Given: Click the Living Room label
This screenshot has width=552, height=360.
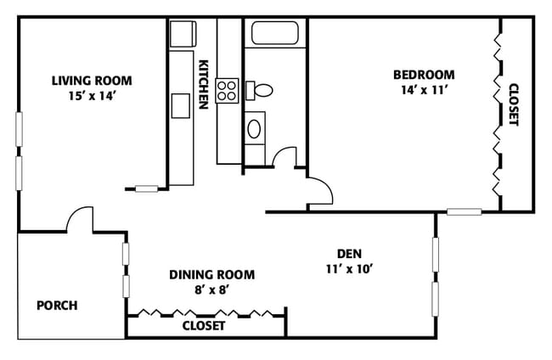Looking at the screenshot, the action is (x=92, y=81).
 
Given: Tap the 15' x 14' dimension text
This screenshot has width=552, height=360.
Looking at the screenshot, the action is (x=93, y=96).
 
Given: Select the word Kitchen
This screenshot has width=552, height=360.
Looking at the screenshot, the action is (x=204, y=84).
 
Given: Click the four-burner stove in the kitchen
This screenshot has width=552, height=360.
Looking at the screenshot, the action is (x=227, y=91).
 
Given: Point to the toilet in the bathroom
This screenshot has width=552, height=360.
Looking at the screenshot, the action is (x=259, y=91).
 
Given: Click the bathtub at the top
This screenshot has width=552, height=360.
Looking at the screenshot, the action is (x=275, y=33).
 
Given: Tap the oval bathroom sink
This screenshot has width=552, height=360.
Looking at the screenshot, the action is (x=254, y=129).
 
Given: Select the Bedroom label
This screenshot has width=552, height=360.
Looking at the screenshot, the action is (x=424, y=75).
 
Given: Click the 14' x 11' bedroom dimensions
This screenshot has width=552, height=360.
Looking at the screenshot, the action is (x=425, y=90).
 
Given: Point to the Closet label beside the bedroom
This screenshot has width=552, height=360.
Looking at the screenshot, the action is (x=514, y=104).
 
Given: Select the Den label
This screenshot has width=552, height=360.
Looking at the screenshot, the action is (x=349, y=253).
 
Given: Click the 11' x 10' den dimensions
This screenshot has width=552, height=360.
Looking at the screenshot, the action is (x=349, y=269).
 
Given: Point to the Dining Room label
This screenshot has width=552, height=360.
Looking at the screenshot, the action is (x=212, y=274).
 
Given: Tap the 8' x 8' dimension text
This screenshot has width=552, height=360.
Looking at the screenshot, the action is (x=212, y=290).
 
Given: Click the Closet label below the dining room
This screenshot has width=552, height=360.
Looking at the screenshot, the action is (x=204, y=326).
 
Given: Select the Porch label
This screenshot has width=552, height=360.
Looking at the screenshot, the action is (x=58, y=305).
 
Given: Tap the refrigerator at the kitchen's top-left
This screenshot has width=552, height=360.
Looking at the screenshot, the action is (x=183, y=34).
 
